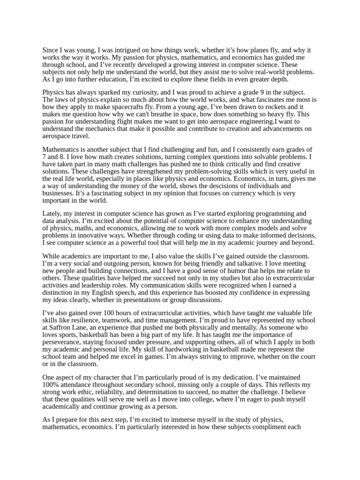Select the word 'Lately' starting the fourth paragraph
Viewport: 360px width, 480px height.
[x=52, y=214]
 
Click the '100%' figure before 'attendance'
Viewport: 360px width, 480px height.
[x=51, y=384]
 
